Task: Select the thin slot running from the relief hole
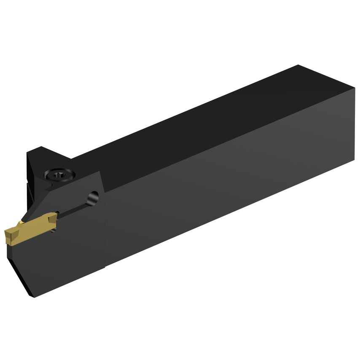[74, 209]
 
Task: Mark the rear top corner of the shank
[298, 65]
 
